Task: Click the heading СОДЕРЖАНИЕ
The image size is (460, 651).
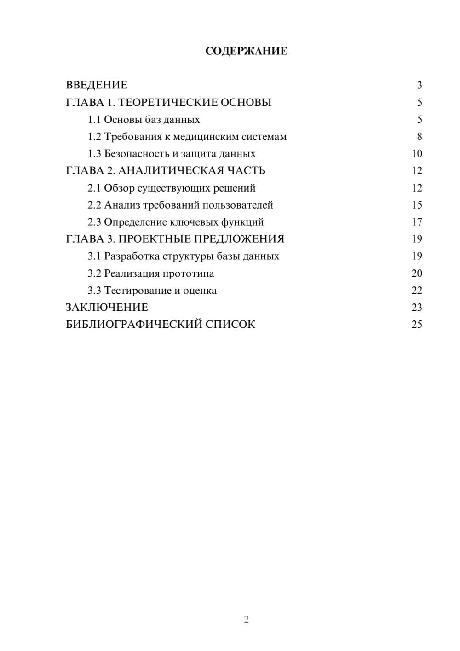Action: point(246,51)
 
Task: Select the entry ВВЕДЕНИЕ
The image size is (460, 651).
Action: point(97,85)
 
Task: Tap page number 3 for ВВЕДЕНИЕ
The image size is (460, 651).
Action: point(419,85)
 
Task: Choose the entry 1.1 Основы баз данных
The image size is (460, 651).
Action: point(144,120)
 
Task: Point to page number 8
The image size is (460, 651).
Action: point(419,137)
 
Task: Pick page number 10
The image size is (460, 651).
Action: point(417,154)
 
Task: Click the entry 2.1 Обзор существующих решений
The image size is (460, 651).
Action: point(171,188)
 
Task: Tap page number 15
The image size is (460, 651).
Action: point(417,205)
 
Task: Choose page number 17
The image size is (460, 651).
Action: point(417,222)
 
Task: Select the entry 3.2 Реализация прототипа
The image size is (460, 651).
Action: point(151,273)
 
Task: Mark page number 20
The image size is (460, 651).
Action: point(417,273)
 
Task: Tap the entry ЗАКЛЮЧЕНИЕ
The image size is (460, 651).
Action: point(107,308)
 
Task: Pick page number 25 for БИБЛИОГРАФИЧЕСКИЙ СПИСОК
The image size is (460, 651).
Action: point(417,325)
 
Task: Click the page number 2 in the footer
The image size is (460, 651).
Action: point(246,620)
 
